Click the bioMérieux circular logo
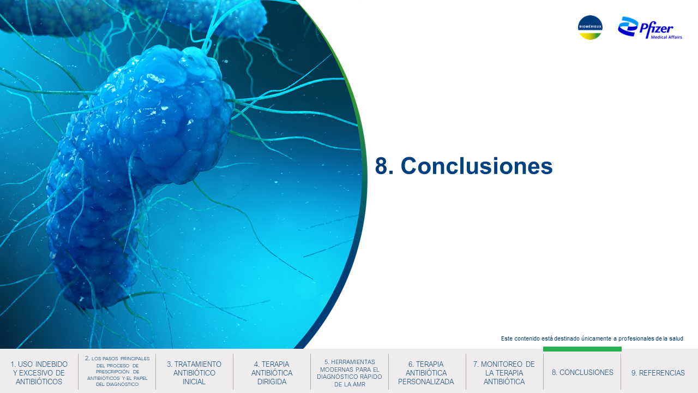pyautogui.click(x=590, y=27)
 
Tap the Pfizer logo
pyautogui.click(x=649, y=28)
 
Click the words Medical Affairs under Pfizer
pyautogui.click(x=666, y=37)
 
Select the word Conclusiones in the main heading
pyautogui.click(x=477, y=166)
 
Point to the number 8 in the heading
pyautogui.click(x=382, y=166)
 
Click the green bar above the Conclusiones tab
pyautogui.click(x=582, y=349)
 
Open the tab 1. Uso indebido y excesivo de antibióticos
pyautogui.click(x=39, y=373)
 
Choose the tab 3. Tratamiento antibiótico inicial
pyautogui.click(x=194, y=373)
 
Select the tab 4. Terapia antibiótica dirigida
pyautogui.click(x=272, y=373)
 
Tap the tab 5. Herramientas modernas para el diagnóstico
pyautogui.click(x=350, y=373)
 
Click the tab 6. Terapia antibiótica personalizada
pyautogui.click(x=426, y=373)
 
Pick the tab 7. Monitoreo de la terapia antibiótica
pyautogui.click(x=504, y=373)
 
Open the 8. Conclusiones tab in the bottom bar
pyautogui.click(x=582, y=372)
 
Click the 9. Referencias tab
pyautogui.click(x=658, y=373)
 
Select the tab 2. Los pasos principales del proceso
pyautogui.click(x=117, y=371)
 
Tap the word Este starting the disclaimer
pyautogui.click(x=507, y=338)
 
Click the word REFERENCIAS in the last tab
pyautogui.click(x=662, y=373)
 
